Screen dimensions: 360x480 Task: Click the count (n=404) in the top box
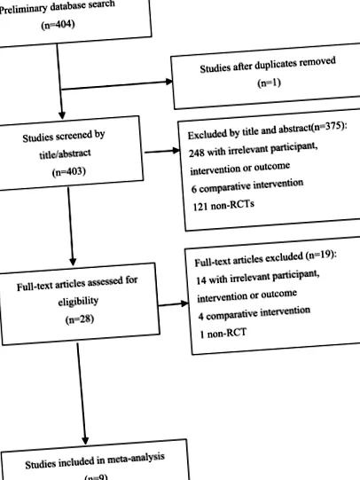pyautogui.click(x=59, y=25)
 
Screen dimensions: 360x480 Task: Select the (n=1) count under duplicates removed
pyautogui.click(x=270, y=83)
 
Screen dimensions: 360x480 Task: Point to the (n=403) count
pyautogui.click(x=69, y=172)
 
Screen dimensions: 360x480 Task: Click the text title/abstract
pyautogui.click(x=65, y=153)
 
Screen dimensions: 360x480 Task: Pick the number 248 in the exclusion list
pyautogui.click(x=196, y=153)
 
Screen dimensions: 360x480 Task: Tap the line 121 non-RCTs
pyautogui.click(x=223, y=205)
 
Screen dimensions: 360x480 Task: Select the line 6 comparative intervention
pyautogui.click(x=247, y=186)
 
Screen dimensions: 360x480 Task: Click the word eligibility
pyautogui.click(x=78, y=302)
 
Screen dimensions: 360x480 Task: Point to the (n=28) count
pyautogui.click(x=80, y=319)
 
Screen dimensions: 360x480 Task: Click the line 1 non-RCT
pyautogui.click(x=223, y=333)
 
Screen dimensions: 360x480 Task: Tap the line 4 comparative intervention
pyautogui.click(x=254, y=314)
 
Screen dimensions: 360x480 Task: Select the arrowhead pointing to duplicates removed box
pyautogui.click(x=168, y=82)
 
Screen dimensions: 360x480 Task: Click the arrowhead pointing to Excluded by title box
pyautogui.click(x=176, y=150)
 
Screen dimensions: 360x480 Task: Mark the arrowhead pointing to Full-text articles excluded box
pyautogui.click(x=184, y=303)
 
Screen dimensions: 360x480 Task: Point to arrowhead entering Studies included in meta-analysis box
pyautogui.click(x=85, y=440)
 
